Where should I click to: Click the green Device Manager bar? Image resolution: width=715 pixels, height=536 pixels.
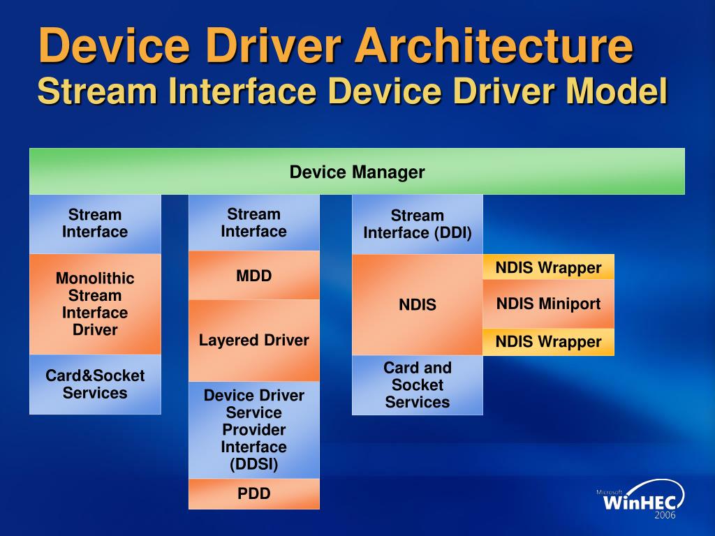357,172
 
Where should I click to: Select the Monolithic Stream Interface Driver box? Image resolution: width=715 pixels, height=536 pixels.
95,304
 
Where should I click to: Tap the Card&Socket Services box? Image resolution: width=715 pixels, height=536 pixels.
95,385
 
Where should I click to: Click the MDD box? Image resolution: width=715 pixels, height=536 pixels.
254,276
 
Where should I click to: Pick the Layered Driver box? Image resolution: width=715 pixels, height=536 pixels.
254,341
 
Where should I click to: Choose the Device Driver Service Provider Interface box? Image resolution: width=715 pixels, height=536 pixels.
254,430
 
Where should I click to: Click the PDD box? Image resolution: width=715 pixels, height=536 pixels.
254,494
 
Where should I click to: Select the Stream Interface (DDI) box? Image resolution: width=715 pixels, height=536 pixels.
418,224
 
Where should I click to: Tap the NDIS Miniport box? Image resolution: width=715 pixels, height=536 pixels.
548,304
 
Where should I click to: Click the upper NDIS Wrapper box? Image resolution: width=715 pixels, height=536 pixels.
548,267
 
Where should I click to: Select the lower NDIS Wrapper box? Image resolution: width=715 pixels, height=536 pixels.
548,342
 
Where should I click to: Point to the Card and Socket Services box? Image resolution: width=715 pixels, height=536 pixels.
418,385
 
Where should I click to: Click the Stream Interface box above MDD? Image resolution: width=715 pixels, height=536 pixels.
254,223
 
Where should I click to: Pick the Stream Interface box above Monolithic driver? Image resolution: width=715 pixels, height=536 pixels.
95,223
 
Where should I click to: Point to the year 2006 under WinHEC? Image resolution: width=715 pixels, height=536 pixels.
665,516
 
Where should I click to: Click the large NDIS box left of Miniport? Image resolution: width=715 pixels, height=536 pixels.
418,305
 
